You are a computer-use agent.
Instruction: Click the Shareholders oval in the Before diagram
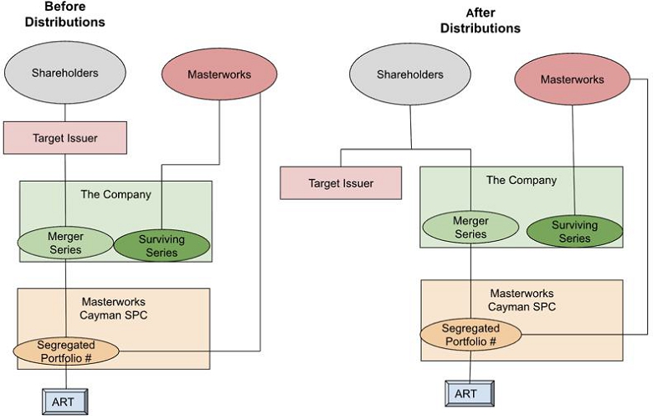(x=65, y=74)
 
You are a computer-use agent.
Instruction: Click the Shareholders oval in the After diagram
(x=410, y=75)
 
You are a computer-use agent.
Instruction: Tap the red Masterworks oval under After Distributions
(x=572, y=80)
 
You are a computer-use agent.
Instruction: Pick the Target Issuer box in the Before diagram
(x=65, y=138)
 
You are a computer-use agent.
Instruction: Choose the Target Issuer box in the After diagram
(x=341, y=182)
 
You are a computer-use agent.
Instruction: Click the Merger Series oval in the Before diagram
(x=65, y=243)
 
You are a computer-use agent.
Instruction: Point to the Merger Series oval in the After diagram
(x=470, y=228)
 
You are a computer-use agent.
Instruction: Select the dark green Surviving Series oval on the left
(x=161, y=245)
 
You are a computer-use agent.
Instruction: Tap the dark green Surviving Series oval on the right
(x=574, y=232)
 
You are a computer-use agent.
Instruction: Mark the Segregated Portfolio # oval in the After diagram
(x=470, y=335)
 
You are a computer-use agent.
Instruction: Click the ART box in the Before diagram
(x=63, y=402)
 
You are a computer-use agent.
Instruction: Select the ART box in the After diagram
(x=466, y=393)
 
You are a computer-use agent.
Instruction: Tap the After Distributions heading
(x=481, y=21)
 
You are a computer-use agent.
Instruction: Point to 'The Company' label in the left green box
(x=116, y=194)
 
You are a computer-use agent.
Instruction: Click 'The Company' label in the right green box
(x=521, y=180)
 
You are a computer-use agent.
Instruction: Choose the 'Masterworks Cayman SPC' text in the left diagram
(x=115, y=307)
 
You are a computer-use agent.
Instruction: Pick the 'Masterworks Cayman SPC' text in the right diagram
(x=522, y=300)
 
